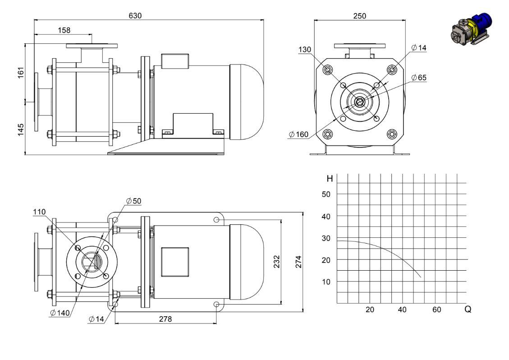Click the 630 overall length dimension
point(135,15)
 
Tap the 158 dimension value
point(64,30)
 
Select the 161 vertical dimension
point(21,73)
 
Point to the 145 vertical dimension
point(21,129)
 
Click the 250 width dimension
point(360,16)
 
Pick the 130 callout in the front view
point(305,49)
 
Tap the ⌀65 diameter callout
point(419,77)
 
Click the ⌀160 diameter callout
point(298,134)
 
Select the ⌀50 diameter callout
point(134,201)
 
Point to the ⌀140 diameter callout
point(60,313)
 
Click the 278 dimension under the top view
point(165,319)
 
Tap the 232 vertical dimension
point(276,262)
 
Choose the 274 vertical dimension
point(298,262)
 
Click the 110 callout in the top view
point(39,212)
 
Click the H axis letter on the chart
point(330,178)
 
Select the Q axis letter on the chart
point(468,309)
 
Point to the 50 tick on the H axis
point(326,194)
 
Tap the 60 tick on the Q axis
point(436,309)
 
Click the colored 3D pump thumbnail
point(472,29)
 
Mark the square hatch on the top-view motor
point(175,262)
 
